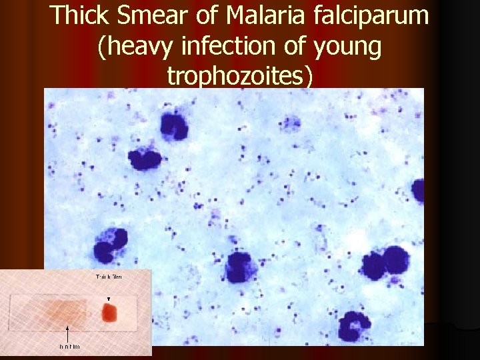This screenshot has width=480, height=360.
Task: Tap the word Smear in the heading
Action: (x=153, y=16)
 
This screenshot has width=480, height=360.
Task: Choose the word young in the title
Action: (x=345, y=48)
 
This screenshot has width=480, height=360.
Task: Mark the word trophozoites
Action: (x=240, y=75)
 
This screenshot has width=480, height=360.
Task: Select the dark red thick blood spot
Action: (x=109, y=312)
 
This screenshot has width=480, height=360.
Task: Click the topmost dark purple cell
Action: (x=173, y=127)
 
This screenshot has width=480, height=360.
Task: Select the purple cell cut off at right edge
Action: (x=419, y=191)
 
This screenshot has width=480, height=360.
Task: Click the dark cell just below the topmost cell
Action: (x=145, y=159)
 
